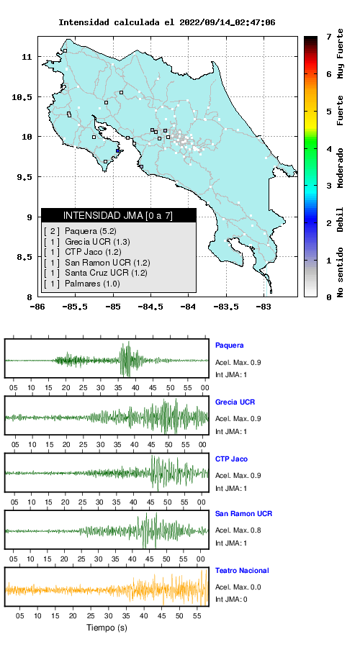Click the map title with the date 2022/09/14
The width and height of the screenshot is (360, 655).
[x=166, y=22]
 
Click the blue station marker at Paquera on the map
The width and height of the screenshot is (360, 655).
[x=118, y=151]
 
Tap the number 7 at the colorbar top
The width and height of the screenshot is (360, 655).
[x=329, y=37]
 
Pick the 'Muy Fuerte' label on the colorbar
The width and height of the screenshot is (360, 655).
[x=341, y=53]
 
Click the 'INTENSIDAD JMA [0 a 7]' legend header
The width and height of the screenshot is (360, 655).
[x=118, y=215]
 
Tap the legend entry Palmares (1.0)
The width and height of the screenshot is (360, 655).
[x=82, y=284]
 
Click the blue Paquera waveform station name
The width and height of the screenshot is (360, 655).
[x=229, y=345]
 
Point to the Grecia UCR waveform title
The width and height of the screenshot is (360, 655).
[x=235, y=402]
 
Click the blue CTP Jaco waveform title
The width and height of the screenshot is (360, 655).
[x=231, y=459]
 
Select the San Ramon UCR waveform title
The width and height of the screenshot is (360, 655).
[x=243, y=514]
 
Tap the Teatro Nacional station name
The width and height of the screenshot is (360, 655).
[x=242, y=571]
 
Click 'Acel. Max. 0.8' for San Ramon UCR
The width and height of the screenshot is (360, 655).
[x=238, y=530]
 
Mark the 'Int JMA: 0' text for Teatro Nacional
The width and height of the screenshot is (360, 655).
[x=231, y=600]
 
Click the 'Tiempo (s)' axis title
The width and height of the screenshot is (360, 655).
[x=107, y=628]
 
